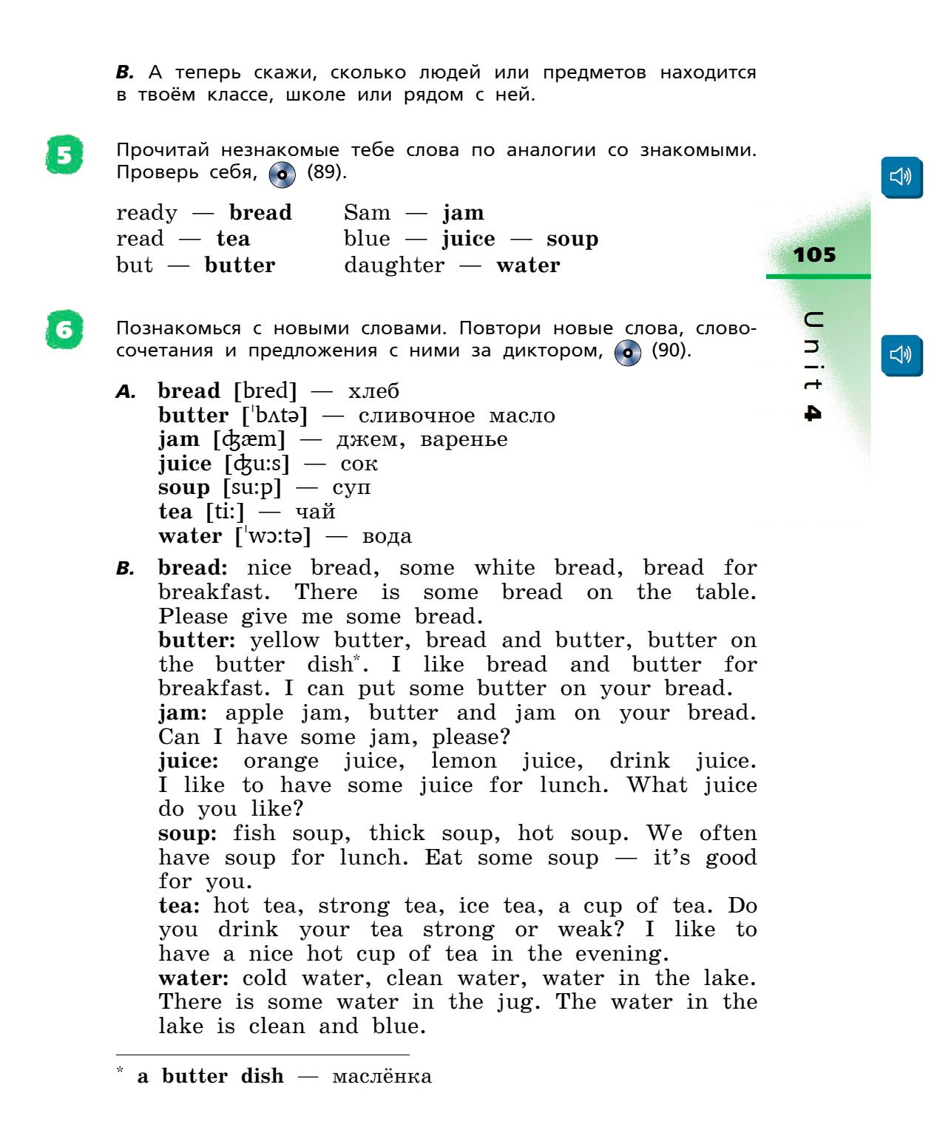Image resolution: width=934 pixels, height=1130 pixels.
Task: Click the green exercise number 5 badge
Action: [64, 155]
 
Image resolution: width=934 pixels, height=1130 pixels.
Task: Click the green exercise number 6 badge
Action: [64, 329]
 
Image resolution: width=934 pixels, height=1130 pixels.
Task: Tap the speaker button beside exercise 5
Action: [901, 177]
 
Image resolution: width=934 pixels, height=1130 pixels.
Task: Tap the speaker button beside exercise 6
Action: [901, 355]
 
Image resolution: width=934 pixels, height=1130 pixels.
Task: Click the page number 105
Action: [813, 255]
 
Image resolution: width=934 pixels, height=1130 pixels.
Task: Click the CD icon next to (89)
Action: [282, 175]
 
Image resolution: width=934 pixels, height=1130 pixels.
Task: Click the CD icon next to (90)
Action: [628, 353]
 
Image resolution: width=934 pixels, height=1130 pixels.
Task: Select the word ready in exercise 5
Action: [146, 214]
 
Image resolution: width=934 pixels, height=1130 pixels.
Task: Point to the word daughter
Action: [394, 265]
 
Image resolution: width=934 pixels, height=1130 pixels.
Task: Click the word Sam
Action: [367, 213]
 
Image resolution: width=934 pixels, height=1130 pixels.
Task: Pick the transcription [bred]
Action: [265, 391]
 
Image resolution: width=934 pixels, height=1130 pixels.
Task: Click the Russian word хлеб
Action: [373, 391]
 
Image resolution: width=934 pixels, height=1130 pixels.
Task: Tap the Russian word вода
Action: [387, 536]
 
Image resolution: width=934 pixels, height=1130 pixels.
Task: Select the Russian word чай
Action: [315, 512]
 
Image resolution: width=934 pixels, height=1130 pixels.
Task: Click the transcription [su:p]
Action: [252, 488]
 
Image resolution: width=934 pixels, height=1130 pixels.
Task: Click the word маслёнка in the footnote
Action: [382, 1076]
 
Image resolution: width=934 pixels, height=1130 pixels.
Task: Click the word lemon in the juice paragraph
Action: [464, 761]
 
